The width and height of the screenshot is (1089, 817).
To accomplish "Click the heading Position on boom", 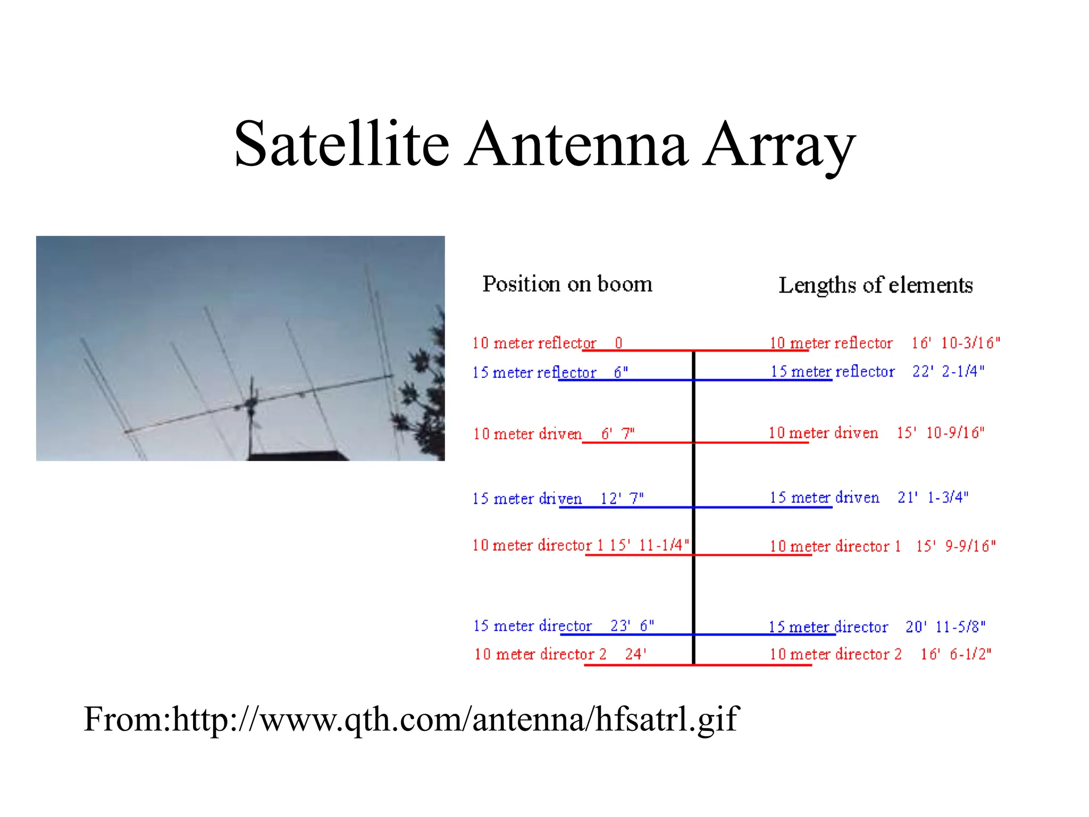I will pos(567,284).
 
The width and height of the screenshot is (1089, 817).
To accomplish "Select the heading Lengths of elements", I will pos(875,285).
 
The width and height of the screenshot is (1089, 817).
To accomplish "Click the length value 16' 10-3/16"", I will pos(955,343).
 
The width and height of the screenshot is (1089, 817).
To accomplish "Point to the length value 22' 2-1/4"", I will pos(948,371).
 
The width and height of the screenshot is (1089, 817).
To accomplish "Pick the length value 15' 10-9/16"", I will pos(940,432).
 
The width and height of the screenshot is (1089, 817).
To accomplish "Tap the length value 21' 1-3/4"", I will pos(933,497).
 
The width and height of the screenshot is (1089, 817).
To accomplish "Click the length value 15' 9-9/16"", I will pos(956,546).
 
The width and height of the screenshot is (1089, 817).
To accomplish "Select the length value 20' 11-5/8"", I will pos(945,627).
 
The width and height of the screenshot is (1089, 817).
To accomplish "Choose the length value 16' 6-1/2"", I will pos(956,654).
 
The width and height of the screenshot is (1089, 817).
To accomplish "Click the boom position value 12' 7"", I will pos(622,498).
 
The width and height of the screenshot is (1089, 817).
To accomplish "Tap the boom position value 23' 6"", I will pos(632,626).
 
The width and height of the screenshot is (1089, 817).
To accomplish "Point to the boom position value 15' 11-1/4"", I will pos(649,545).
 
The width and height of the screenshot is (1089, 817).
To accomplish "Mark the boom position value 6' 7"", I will pos(617,434).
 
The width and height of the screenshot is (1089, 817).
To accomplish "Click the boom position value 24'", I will pos(635,654).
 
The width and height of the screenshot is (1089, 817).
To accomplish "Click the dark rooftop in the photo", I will pos(298,456).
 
